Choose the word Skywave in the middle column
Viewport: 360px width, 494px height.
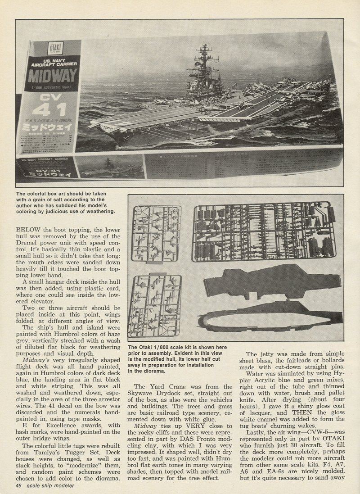pyautogui.click(x=145, y=394)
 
